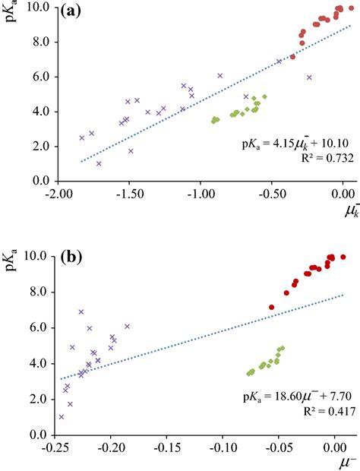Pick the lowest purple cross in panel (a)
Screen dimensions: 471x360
(99, 163)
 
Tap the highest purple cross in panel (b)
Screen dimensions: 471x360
(81, 311)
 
